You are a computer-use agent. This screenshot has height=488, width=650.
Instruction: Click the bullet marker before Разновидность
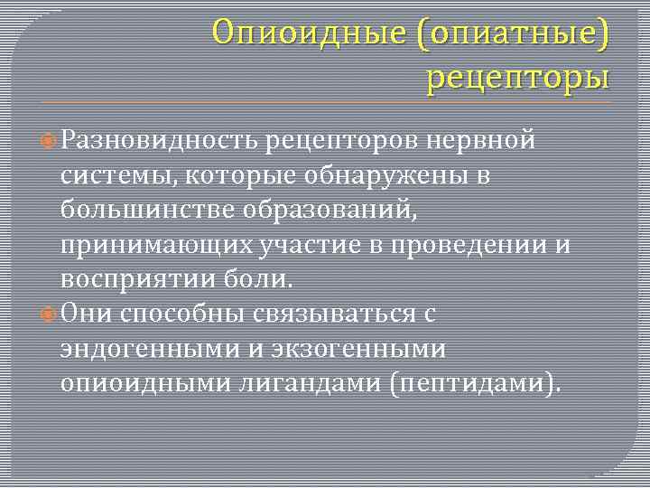(50, 141)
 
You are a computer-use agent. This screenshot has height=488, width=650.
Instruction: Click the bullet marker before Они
(50, 314)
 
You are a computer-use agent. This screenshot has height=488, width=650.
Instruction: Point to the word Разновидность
(161, 140)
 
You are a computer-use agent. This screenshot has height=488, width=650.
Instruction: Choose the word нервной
(483, 140)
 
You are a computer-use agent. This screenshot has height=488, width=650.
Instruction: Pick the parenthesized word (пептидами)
(475, 383)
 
